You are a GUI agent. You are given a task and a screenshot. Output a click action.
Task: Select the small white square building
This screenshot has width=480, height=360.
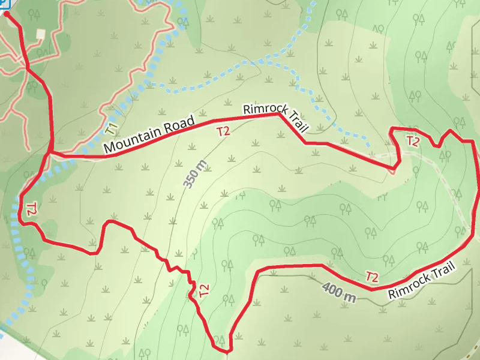pyautogui.click(x=41, y=34)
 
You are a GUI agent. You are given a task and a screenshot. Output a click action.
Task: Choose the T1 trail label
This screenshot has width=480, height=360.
pyautogui.click(x=110, y=128)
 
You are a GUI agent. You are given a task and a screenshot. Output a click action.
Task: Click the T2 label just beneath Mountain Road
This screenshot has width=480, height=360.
pyautogui.click(x=223, y=131)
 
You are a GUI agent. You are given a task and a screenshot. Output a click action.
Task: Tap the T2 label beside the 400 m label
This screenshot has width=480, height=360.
pyautogui.click(x=372, y=277)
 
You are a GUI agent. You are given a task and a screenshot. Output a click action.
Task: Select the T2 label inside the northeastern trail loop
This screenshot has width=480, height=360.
pyautogui.click(x=413, y=142)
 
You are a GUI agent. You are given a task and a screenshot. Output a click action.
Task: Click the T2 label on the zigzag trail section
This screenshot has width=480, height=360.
pyautogui.click(x=204, y=291)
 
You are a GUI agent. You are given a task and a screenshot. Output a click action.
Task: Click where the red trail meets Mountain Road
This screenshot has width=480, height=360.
pyautogui.click(x=50, y=154)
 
